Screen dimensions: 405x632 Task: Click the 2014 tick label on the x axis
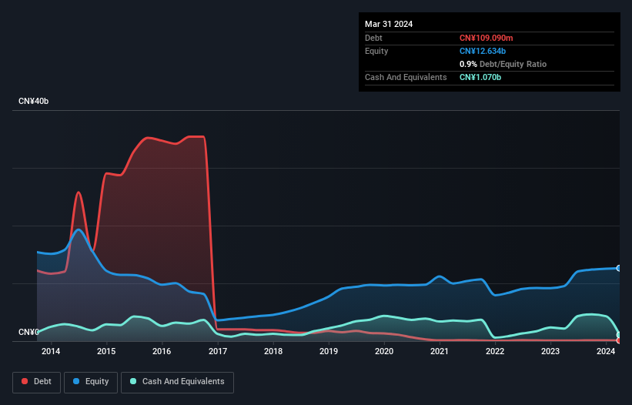click(x=51, y=352)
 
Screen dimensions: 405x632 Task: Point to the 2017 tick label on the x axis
click(x=217, y=352)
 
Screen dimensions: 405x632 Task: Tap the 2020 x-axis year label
click(x=384, y=352)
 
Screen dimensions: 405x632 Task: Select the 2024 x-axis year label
click(x=606, y=352)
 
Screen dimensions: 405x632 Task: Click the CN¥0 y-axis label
click(x=28, y=333)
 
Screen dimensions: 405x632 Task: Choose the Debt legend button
click(x=35, y=382)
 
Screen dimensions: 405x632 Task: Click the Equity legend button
click(x=90, y=382)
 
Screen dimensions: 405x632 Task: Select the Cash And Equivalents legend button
click(x=177, y=382)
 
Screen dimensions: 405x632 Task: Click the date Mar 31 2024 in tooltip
click(x=389, y=24)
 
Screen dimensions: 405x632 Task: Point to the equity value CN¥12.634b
click(x=487, y=51)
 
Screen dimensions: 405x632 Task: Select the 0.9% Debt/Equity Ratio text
click(x=503, y=64)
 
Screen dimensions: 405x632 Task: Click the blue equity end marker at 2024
click(x=618, y=268)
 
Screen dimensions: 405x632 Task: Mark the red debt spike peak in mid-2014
click(x=79, y=192)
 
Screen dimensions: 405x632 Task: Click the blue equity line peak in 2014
click(x=79, y=229)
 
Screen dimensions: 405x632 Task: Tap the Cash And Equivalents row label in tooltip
click(x=406, y=77)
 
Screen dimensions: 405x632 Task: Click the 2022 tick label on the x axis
click(x=495, y=352)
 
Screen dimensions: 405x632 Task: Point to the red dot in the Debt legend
click(x=24, y=382)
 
